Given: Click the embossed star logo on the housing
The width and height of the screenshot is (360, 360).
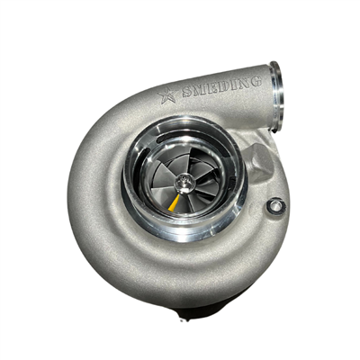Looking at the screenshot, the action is [167, 95].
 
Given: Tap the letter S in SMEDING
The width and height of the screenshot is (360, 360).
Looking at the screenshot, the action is [188, 92].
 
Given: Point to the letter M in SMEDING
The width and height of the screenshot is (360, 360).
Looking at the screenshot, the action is [201, 89].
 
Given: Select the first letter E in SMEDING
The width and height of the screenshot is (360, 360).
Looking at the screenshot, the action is [213, 86].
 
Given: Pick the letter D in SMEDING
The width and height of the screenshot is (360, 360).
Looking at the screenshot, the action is [224, 85].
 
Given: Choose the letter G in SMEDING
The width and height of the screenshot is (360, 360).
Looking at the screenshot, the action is [255, 81].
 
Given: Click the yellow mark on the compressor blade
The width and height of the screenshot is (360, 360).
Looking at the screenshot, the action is [174, 203].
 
